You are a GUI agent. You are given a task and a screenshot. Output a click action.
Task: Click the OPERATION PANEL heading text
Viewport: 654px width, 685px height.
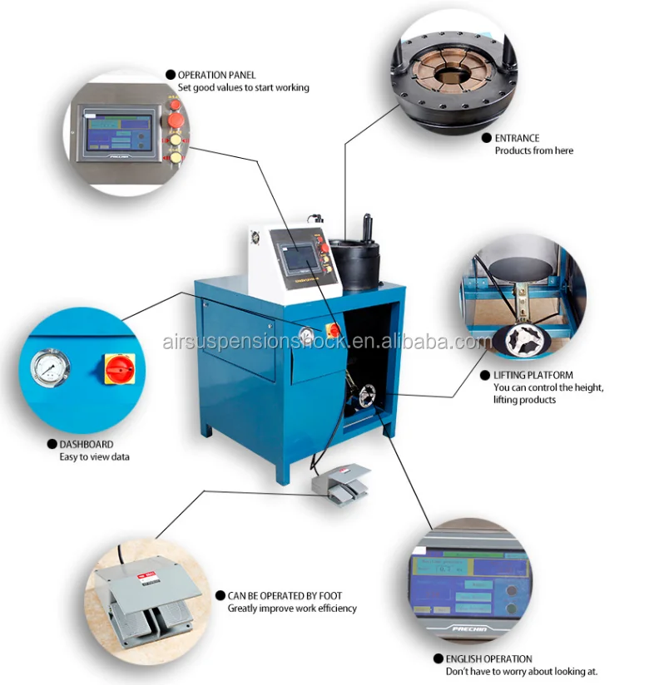coord(216,75)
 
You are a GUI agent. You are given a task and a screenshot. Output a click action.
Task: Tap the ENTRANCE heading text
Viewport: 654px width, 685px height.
coord(517,138)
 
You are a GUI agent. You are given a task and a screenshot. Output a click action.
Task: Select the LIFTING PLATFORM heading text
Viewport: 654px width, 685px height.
coord(533,375)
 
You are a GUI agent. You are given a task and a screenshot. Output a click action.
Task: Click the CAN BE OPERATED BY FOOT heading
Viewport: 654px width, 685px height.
coord(285,596)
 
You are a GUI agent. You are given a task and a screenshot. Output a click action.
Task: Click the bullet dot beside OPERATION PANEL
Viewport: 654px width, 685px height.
coord(171,75)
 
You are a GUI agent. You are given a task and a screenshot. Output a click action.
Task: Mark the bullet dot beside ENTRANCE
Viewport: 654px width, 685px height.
coord(487,138)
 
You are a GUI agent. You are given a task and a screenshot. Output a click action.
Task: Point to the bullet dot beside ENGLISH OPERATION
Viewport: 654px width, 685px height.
coord(438,659)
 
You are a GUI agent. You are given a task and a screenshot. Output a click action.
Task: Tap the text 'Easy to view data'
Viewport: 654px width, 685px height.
coord(94,457)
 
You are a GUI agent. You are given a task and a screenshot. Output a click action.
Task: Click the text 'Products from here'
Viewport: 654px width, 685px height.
coord(533,150)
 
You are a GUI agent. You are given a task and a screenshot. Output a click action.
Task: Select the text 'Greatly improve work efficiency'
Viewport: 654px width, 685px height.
coord(292,609)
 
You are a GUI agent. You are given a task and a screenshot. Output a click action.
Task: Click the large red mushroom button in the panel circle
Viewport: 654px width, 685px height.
coord(175,121)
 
